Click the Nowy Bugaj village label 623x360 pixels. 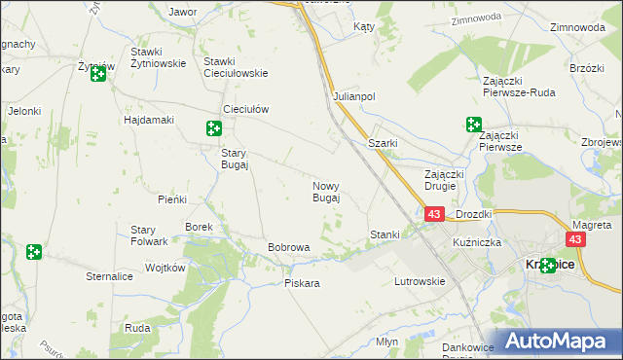pos(325,192)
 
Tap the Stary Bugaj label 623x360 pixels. pos(235,159)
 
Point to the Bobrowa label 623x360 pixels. pos(288,247)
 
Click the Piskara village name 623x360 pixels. pos(302,283)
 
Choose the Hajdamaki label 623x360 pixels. pos(148,120)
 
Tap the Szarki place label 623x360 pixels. pos(383,143)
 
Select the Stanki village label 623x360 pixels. pos(385,234)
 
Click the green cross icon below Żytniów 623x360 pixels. pos(98,74)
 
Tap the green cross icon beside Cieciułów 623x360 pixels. pos(214,127)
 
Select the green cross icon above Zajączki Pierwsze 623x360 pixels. pos(473,125)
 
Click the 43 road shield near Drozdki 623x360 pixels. pos(434,214)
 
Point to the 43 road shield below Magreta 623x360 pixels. pos(576,239)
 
